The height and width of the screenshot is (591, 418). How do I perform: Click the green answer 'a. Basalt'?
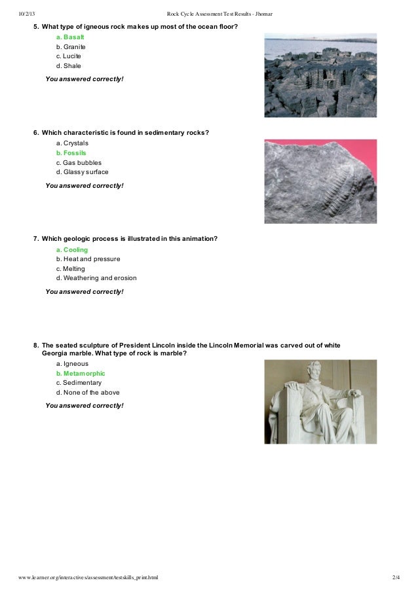70,37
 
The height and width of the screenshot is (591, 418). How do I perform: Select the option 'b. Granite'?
71,47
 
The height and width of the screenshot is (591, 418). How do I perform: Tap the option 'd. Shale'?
69,65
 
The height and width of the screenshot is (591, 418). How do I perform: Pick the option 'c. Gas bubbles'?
79,162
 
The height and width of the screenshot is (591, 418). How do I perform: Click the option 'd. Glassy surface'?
82,172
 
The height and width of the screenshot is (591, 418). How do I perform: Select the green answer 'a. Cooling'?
72,250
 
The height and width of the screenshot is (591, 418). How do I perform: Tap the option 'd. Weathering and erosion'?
96,278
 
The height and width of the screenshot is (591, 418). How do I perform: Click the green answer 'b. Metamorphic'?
81,374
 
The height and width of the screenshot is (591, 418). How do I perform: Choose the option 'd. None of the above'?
88,393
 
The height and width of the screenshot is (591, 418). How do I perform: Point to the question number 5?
36,27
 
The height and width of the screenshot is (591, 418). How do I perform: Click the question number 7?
36,239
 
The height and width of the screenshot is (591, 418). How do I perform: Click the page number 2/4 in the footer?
395,578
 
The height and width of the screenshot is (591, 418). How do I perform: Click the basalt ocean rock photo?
320,75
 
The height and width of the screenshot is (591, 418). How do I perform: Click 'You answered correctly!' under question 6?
85,186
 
